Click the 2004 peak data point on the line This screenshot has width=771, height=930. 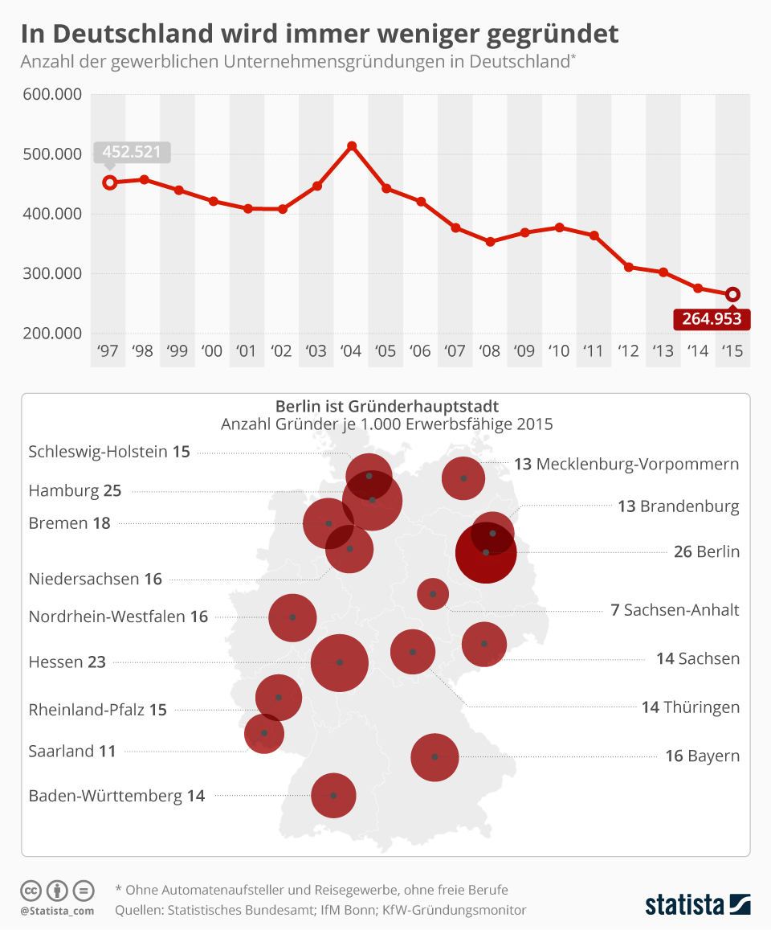coord(352,146)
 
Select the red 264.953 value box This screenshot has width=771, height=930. coord(712,318)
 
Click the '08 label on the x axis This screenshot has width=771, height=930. coord(490,351)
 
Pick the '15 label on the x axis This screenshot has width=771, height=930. coord(732,351)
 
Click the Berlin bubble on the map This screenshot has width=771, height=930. coord(485,553)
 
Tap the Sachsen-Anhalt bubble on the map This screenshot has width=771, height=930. coord(433,594)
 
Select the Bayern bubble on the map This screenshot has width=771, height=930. coord(434,756)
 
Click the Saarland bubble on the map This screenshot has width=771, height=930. coord(264,733)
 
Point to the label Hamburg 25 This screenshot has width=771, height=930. coord(75,490)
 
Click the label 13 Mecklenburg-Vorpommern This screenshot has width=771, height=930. coord(626,464)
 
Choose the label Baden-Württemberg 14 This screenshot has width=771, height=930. coord(116,796)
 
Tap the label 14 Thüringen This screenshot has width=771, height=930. coord(690,707)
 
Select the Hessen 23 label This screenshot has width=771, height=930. coord(67,662)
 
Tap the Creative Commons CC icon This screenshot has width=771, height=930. coord(31,891)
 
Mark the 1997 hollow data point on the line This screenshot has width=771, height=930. coord(110,182)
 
